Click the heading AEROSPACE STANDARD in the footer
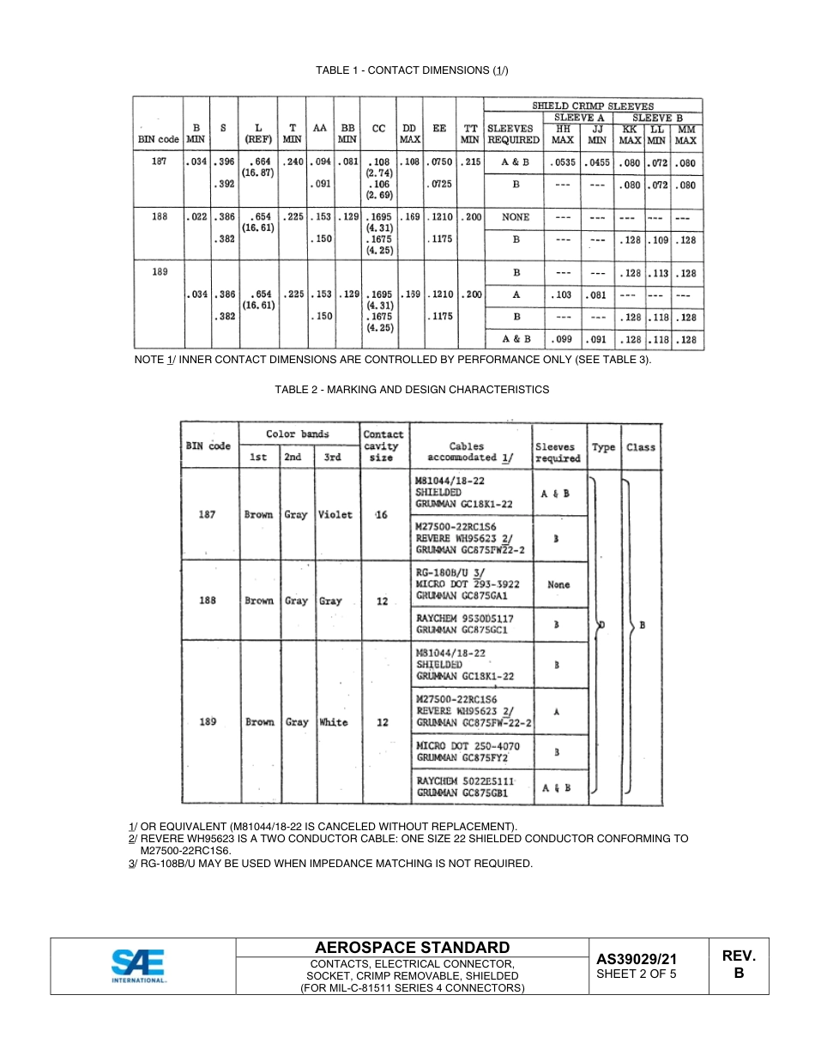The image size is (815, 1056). [412, 947]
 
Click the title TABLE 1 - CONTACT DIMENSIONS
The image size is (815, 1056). [412, 70]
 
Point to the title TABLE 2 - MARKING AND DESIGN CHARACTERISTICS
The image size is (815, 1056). [412, 389]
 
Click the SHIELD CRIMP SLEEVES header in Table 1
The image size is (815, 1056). [592, 106]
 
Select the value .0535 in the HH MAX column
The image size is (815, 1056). [562, 161]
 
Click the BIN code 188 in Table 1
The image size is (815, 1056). [160, 217]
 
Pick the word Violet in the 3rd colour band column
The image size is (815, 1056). [335, 514]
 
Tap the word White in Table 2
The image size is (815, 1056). [333, 722]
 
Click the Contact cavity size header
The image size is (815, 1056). [383, 446]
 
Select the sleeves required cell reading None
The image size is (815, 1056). [558, 584]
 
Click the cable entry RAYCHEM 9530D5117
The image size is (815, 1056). [464, 618]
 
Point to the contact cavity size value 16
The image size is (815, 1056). [382, 514]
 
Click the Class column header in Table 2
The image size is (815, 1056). [640, 446]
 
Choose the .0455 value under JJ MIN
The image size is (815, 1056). [597, 161]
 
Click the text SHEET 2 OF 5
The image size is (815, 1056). [637, 974]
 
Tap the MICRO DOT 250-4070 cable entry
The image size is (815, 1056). [468, 746]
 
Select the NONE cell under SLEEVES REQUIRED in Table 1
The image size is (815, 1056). [516, 217]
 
